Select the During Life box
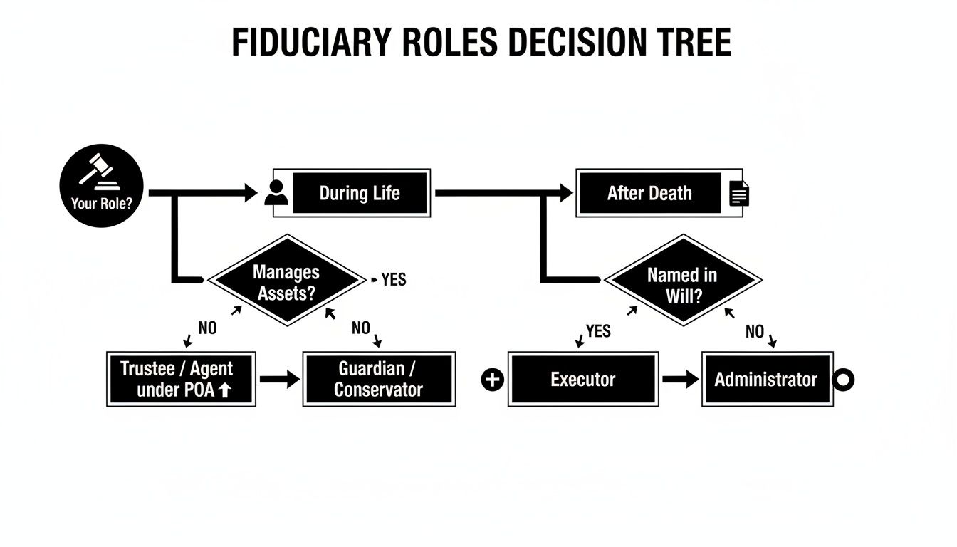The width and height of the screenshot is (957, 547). [359, 193]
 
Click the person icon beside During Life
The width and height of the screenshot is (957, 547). [276, 193]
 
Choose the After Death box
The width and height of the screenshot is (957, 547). [649, 193]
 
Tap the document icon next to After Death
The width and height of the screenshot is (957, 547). [740, 194]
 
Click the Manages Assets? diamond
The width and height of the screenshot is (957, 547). [286, 281]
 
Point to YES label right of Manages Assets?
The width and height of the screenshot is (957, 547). [393, 280]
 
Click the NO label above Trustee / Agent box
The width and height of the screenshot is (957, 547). [207, 328]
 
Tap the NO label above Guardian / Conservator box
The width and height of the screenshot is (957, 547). [361, 328]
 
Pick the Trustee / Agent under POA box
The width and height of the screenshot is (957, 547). [181, 379]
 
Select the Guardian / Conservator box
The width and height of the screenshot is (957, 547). [379, 379]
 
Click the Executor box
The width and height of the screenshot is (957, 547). [582, 380]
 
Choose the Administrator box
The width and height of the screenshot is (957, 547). [766, 380]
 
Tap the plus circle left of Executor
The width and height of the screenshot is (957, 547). [493, 380]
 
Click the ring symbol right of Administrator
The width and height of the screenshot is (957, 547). [843, 380]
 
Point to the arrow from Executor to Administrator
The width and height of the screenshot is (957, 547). [680, 380]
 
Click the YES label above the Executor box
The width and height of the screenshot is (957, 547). [598, 330]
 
